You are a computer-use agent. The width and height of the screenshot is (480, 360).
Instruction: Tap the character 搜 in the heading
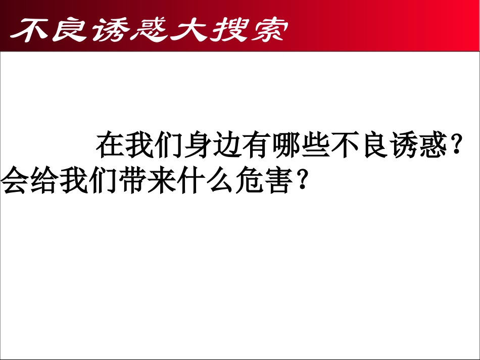[x=230, y=31]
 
